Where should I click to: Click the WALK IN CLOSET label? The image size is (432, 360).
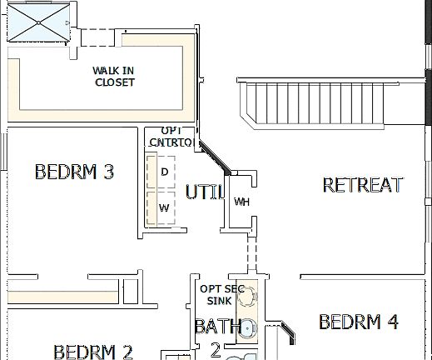[114, 77]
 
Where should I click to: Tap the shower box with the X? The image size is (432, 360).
[39, 20]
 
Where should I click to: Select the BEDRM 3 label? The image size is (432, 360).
[74, 172]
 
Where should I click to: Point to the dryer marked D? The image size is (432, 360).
[164, 172]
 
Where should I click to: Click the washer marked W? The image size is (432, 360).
[164, 208]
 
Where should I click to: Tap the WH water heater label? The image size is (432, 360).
[241, 202]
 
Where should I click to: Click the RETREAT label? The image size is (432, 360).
[362, 185]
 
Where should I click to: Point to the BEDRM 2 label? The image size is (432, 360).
[92, 351]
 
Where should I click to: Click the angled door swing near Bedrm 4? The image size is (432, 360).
[285, 332]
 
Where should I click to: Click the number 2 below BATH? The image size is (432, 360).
[215, 349]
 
